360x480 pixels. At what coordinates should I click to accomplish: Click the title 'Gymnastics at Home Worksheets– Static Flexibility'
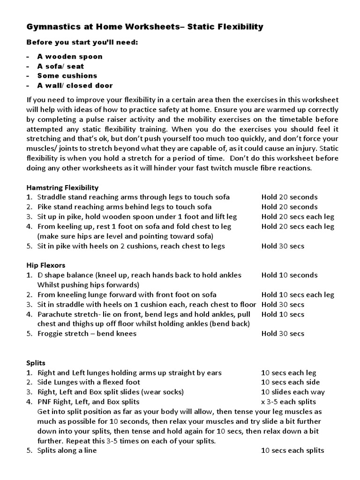[144, 27]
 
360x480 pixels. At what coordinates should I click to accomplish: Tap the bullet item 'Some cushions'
[67, 75]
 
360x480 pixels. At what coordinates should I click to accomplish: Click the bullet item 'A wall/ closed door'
[75, 85]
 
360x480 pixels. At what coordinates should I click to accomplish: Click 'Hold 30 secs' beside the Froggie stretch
[283, 334]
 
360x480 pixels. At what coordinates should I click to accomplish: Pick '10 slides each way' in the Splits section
[293, 392]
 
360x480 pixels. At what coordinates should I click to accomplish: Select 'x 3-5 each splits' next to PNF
[288, 402]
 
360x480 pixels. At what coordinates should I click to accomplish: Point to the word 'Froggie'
[50, 334]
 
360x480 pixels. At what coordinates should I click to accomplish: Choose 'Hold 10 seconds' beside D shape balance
[289, 275]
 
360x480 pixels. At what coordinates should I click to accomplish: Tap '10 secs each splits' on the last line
[292, 450]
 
